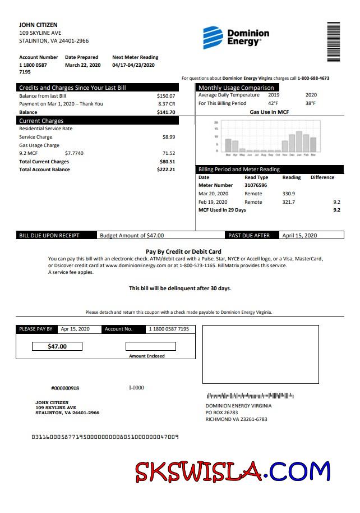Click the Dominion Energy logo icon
click(x=213, y=38)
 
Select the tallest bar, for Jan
click(x=299, y=142)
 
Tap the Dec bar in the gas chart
click(x=292, y=144)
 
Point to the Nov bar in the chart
click(x=284, y=147)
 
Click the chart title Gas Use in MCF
click(x=269, y=112)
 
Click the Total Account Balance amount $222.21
click(x=166, y=170)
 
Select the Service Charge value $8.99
click(x=168, y=137)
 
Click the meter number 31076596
click(x=256, y=185)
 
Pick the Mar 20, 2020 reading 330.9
click(x=289, y=194)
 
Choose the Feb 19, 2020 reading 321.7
click(x=289, y=202)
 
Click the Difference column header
click(x=322, y=177)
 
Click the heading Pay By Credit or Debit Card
click(x=183, y=252)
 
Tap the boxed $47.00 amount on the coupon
click(x=57, y=347)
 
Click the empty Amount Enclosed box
click(x=150, y=347)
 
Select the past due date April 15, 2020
click(x=299, y=236)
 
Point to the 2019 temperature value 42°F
click(x=273, y=103)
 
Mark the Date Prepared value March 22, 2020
click(x=82, y=65)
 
